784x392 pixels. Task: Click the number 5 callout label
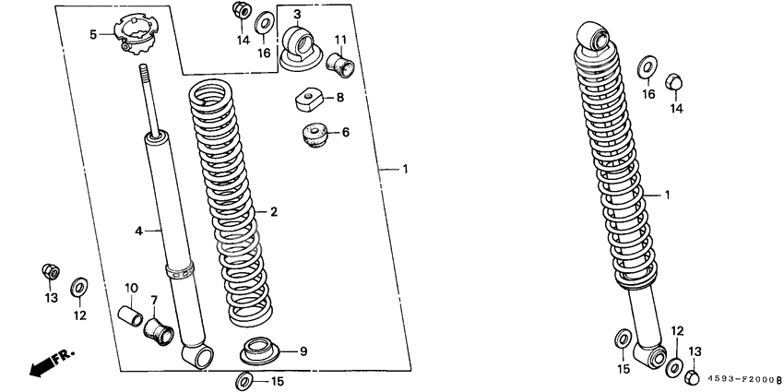coord(93,34)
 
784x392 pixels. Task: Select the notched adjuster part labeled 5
coord(134,33)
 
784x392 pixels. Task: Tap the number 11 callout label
coord(340,40)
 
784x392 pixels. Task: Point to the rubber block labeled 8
coord(308,99)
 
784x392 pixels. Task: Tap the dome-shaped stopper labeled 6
coord(314,135)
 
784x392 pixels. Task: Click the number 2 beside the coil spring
coord(274,212)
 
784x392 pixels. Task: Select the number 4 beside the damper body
coord(138,231)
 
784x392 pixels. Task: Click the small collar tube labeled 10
coord(130,317)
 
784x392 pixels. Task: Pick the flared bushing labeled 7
coord(159,331)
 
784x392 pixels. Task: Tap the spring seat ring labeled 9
coord(259,351)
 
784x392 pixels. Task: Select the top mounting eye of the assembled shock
coord(594,37)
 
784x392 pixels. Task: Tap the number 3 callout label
coord(297,14)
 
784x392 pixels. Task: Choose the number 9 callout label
coord(303,352)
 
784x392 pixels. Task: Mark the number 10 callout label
coord(131,289)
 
